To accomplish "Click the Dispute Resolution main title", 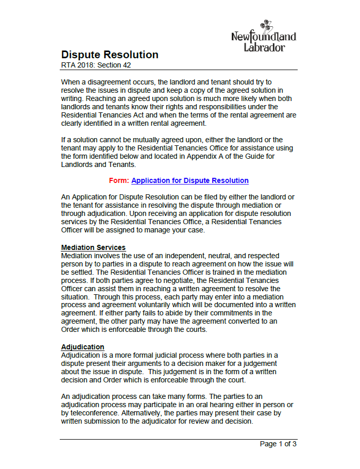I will pos(110,55).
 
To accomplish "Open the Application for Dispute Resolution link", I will pos(190,180).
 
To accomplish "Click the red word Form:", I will pos(119,180).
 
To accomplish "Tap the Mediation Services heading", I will pos(93,247).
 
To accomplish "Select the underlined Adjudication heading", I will pos(82,347).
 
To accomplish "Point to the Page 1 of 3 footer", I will pos(278,444).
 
